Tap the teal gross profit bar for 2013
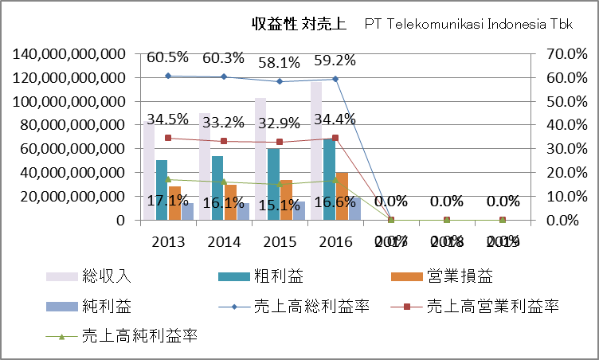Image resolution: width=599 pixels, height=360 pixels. [162, 190]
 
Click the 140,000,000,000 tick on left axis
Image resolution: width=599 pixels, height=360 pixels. [69, 53]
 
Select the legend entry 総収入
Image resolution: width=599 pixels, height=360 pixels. [106, 276]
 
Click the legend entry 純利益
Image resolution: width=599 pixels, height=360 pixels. [106, 307]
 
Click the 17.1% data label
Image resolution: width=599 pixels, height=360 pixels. [167, 202]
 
